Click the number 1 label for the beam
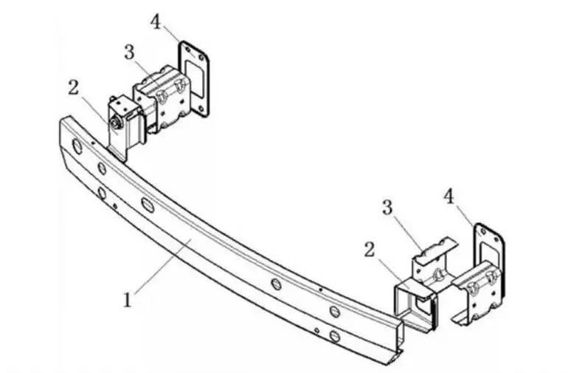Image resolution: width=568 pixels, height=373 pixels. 127,301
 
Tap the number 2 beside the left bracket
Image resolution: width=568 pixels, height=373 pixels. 74,87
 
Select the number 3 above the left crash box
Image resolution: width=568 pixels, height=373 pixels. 129,52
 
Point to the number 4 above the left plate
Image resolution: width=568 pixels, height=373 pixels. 156,22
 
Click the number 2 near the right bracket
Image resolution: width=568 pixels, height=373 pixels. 369,250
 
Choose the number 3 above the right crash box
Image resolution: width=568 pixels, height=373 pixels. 387,208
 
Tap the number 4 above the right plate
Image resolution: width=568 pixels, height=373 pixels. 448,196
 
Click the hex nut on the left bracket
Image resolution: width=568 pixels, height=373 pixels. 116,124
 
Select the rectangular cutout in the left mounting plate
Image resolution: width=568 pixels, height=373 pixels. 194,78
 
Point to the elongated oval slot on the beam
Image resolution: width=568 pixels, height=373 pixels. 148,205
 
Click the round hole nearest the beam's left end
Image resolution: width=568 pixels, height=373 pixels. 77,146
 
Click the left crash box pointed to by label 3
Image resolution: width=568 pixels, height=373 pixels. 162,98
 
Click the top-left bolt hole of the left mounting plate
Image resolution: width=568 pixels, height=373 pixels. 187,49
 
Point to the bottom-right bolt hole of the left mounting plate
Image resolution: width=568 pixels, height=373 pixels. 201,108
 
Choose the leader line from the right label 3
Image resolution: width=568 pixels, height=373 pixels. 409,233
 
